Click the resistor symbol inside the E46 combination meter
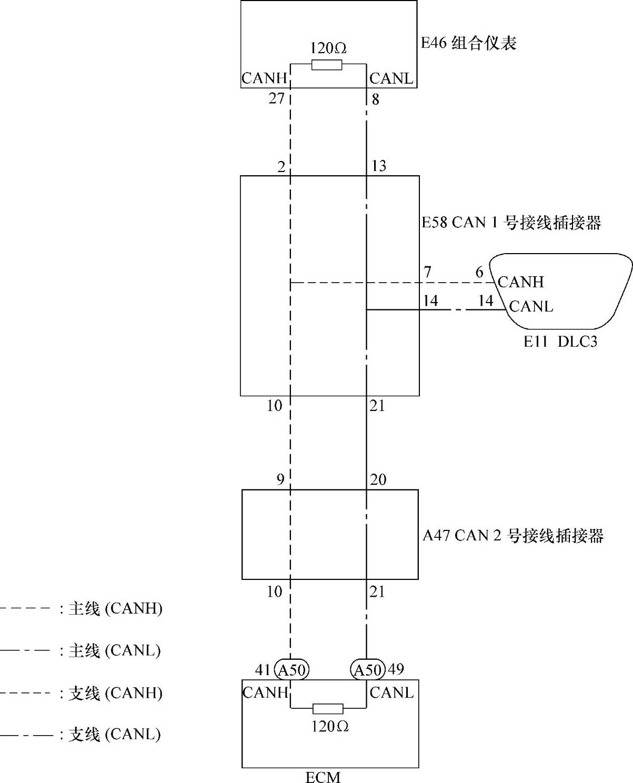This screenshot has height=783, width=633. click(327, 65)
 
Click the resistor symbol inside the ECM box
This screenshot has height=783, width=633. click(328, 708)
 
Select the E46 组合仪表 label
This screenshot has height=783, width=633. click(468, 43)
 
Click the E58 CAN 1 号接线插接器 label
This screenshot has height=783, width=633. click(511, 223)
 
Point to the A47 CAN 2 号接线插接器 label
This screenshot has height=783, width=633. click(513, 536)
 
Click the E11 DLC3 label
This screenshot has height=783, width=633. click(560, 342)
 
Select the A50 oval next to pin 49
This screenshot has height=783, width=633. click(367, 670)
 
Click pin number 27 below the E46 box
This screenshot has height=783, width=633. click(276, 98)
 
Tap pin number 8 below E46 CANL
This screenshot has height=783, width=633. click(375, 99)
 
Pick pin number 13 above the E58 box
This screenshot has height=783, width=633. click(378, 166)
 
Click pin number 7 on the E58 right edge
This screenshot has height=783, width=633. click(428, 272)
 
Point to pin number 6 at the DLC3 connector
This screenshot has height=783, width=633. click(479, 272)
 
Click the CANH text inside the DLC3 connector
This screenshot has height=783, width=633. click(520, 282)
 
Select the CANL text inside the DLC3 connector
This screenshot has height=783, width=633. click(531, 306)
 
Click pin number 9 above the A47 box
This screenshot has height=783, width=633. click(280, 479)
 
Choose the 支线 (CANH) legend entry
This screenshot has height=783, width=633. click(115, 692)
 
